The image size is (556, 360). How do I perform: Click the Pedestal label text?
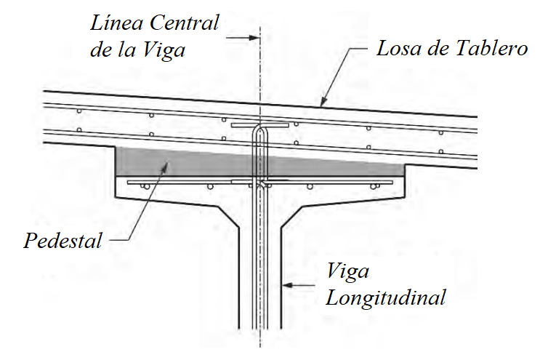[x=63, y=241]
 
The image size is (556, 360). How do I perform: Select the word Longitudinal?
[x=385, y=297]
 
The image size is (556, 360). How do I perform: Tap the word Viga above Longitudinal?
[x=347, y=273]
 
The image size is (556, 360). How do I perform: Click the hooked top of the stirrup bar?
[x=259, y=132]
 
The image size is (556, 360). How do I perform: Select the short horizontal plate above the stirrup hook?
[x=259, y=124]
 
